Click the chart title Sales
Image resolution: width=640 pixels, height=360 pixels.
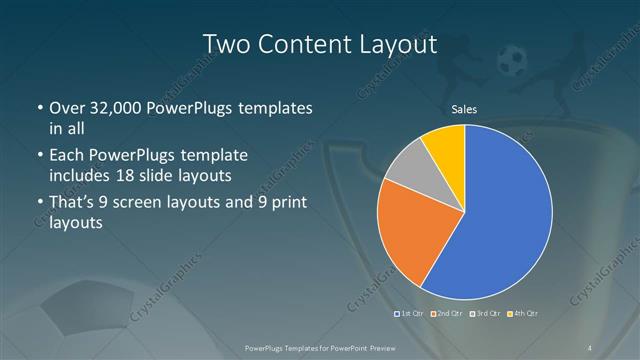click(x=464, y=109)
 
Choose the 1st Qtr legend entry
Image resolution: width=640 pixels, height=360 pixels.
click(x=411, y=314)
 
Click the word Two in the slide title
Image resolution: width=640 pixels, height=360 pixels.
click(x=226, y=44)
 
